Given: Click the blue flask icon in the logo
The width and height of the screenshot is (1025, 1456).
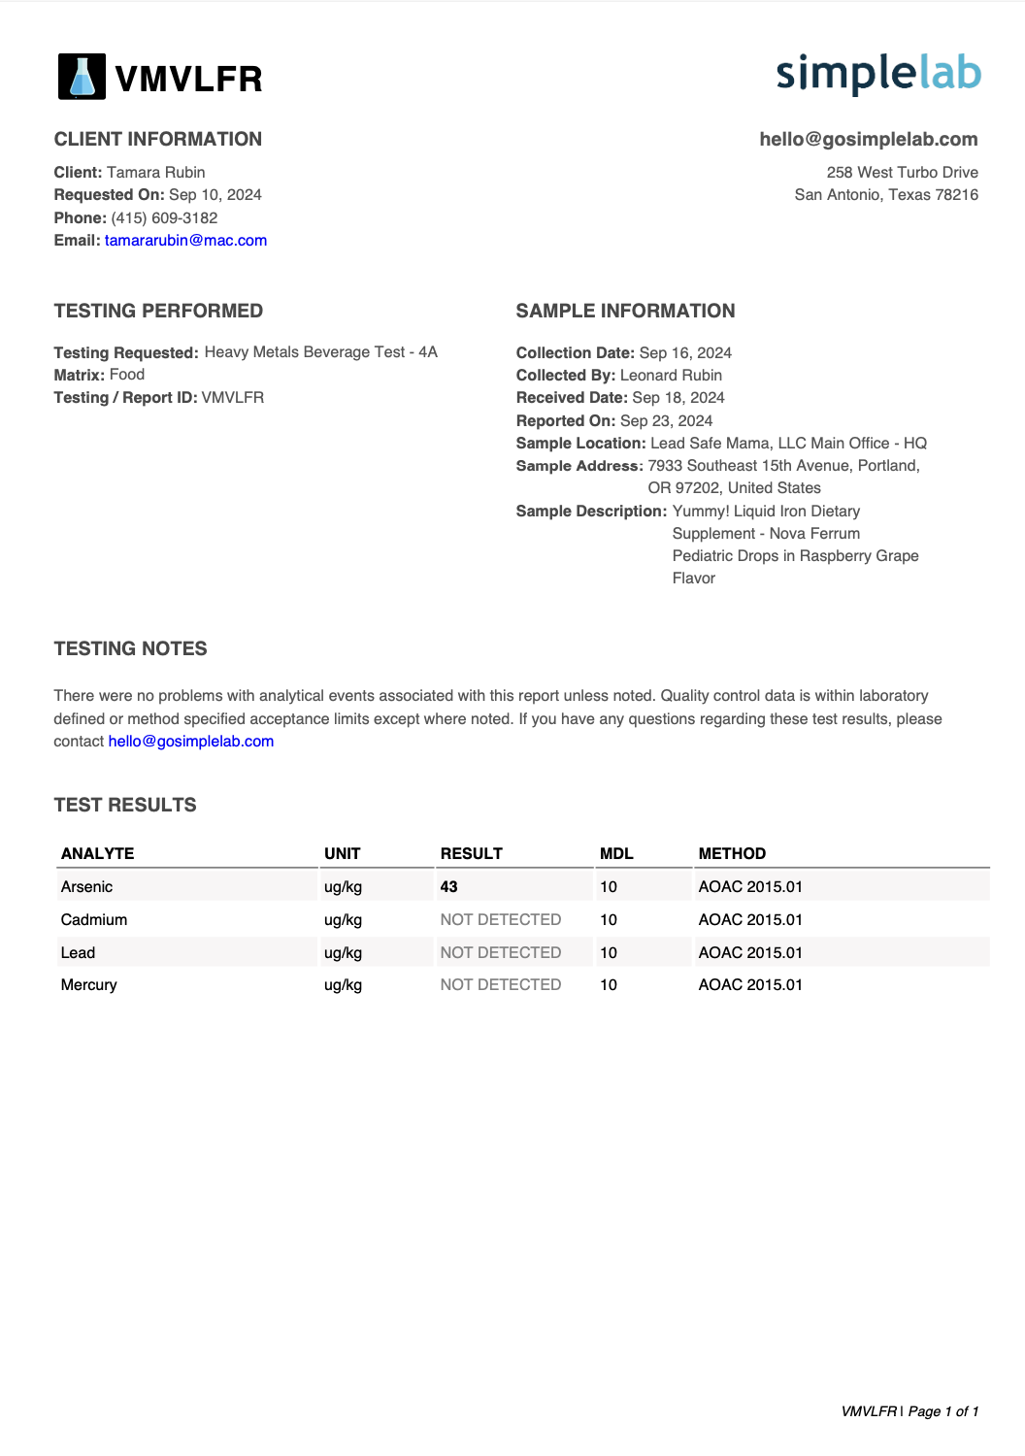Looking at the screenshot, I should [x=83, y=77].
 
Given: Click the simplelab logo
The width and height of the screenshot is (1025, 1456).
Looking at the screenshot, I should [x=878, y=74].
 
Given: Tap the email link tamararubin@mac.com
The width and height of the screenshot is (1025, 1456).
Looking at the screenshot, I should [x=185, y=241].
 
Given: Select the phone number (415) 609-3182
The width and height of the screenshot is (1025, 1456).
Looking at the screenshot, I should [x=164, y=218].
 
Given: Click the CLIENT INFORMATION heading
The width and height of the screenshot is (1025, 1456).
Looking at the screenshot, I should [x=158, y=139].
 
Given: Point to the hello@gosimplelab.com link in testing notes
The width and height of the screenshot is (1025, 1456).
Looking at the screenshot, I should [x=191, y=742].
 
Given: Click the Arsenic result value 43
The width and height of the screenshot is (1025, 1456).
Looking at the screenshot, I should [x=448, y=887].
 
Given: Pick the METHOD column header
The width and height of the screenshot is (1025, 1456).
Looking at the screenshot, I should [x=732, y=854].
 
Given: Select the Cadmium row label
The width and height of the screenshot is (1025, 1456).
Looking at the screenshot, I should [x=94, y=920].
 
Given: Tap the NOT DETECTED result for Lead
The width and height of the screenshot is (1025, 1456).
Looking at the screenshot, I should [x=501, y=953].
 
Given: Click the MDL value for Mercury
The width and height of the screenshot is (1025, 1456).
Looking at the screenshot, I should [x=609, y=985].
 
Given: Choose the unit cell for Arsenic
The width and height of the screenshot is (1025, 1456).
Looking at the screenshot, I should [x=343, y=887].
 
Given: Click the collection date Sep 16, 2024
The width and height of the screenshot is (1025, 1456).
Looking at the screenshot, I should [x=685, y=353].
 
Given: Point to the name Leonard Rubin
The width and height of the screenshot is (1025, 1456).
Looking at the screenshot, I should [x=671, y=376].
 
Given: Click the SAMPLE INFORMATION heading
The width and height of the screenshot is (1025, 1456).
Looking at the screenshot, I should [x=625, y=311].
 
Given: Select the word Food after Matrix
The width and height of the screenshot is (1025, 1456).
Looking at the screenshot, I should [x=127, y=375].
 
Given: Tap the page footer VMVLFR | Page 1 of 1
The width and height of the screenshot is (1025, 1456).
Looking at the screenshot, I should [x=909, y=1411].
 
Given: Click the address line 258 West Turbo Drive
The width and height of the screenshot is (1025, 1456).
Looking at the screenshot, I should [x=902, y=173].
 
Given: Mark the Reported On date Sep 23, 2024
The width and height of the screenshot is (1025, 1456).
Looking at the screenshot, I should [x=666, y=421].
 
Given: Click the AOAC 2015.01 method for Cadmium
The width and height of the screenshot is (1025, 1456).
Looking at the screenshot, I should [x=750, y=920].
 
